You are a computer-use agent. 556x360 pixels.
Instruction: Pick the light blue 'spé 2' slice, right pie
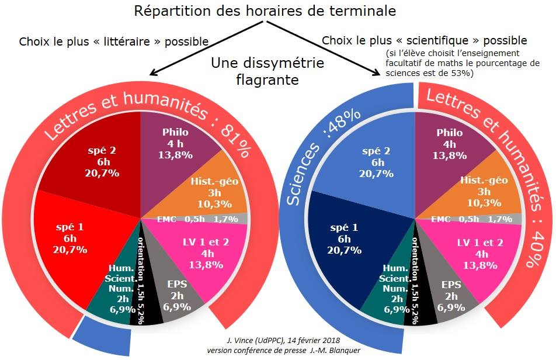[374, 161]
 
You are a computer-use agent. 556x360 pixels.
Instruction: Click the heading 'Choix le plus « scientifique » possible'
[424, 41]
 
